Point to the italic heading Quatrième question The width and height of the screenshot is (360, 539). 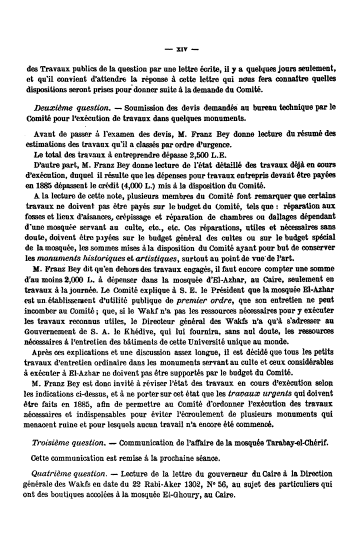tap(67, 473)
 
